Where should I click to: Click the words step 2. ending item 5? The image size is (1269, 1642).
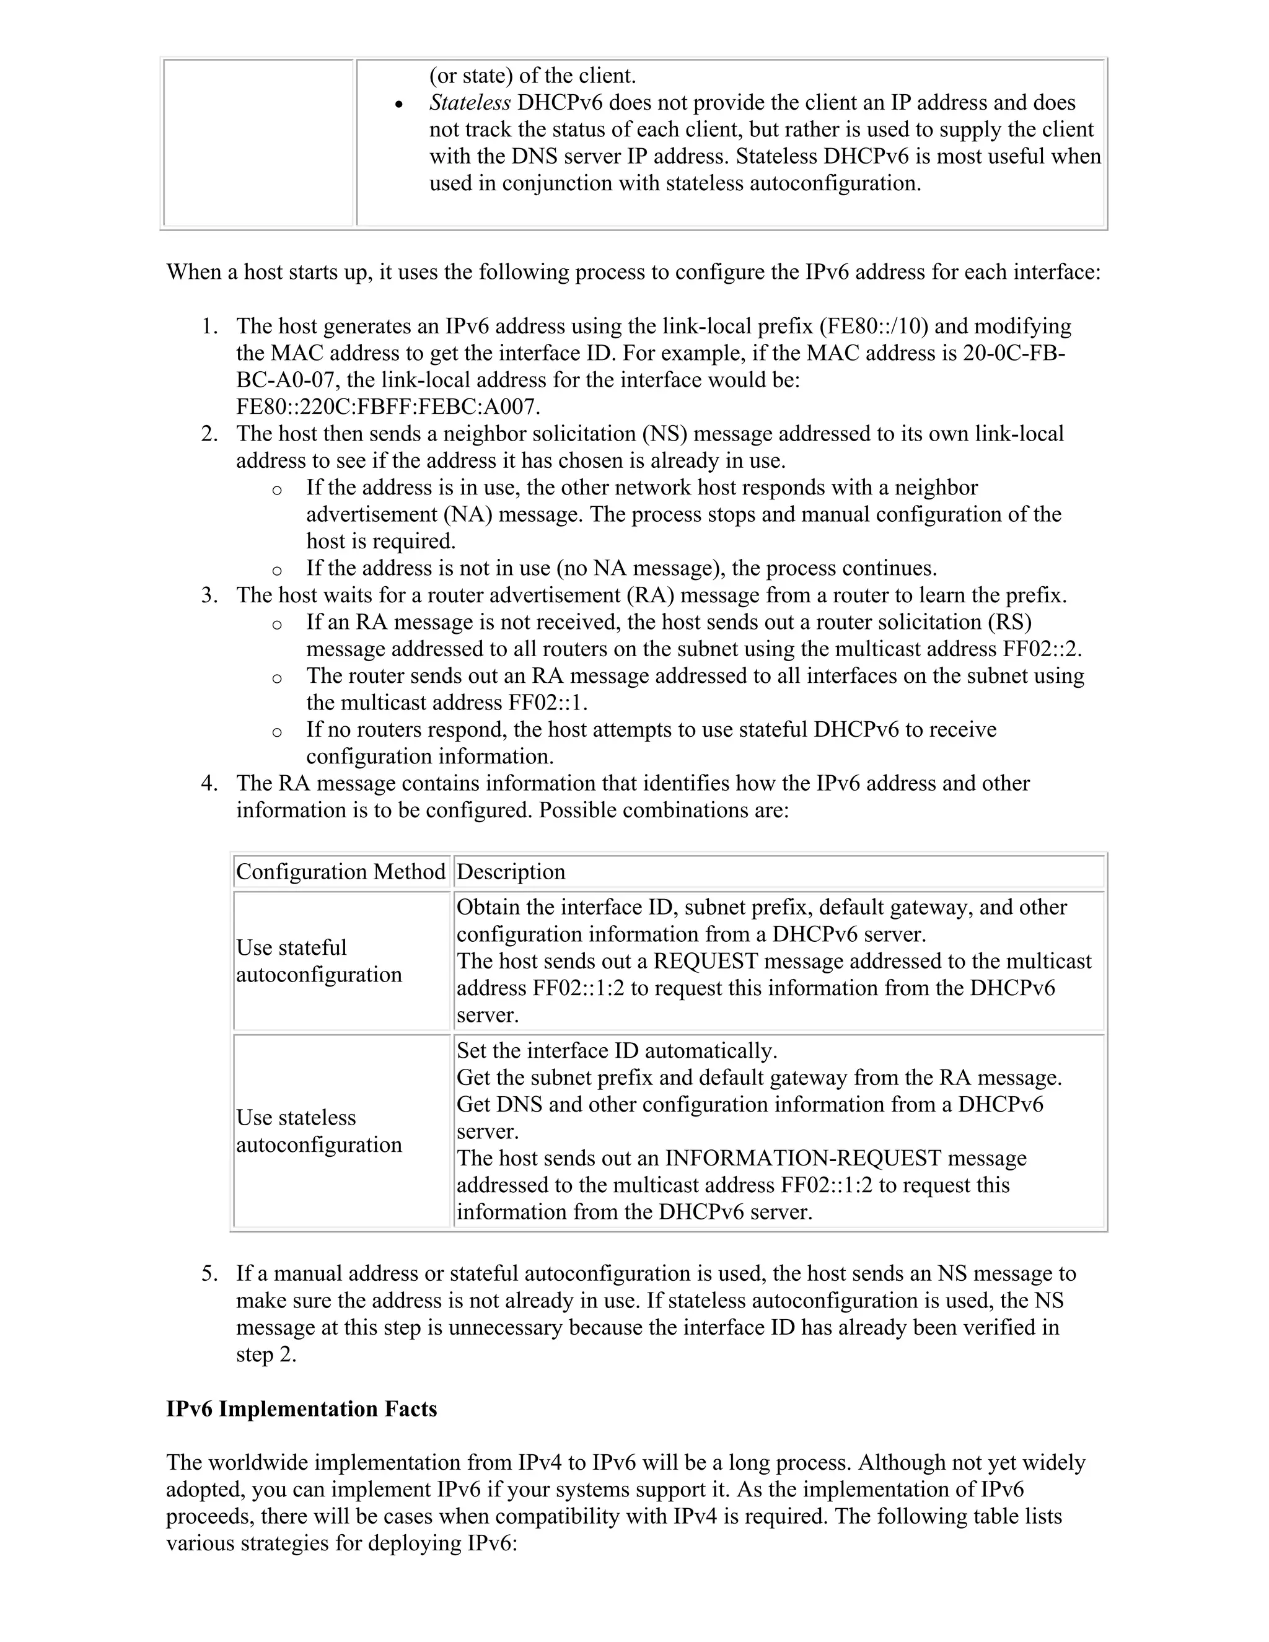(x=266, y=1354)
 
